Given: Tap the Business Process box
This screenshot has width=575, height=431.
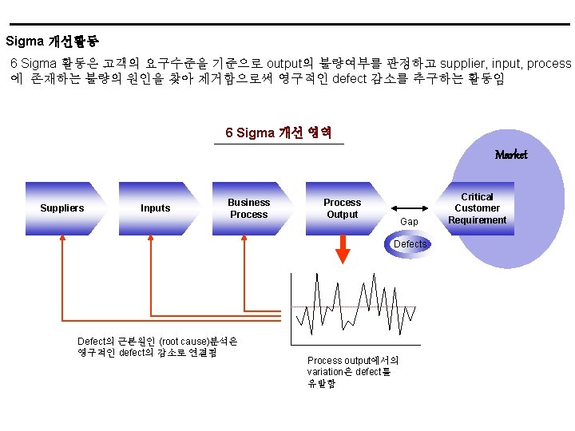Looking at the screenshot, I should [x=250, y=208].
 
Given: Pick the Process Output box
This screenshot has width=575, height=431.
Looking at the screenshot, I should [x=343, y=208].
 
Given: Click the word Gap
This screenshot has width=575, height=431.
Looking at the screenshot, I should [x=409, y=221].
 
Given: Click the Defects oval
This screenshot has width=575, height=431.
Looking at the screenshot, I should [x=410, y=244].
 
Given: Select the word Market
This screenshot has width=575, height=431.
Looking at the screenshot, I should [x=510, y=155].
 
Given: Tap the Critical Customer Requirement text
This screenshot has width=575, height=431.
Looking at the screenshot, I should [x=478, y=208].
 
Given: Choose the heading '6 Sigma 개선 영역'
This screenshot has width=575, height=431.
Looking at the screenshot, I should [x=279, y=132].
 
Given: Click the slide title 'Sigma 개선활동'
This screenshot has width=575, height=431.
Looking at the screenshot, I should [x=52, y=41].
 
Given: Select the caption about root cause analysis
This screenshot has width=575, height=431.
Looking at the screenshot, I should [x=157, y=346].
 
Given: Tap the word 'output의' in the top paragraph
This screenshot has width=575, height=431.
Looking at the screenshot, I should [x=291, y=63].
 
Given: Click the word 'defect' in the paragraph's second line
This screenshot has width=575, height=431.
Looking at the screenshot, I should [x=348, y=79].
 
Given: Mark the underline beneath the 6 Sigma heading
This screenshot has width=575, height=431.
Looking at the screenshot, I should [x=279, y=144].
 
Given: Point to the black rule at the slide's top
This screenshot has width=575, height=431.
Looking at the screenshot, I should [x=287, y=24].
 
